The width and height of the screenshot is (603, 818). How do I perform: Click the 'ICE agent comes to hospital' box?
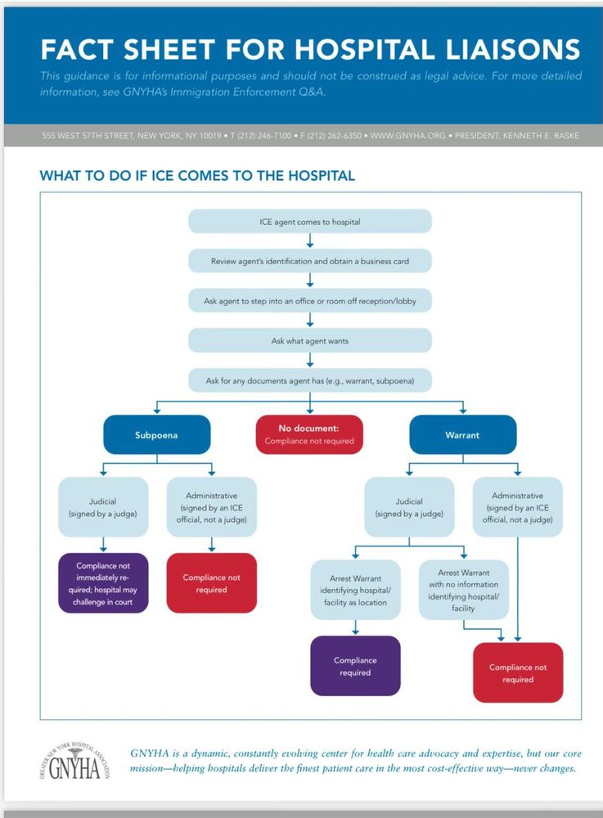309,222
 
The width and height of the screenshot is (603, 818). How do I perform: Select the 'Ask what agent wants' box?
309,340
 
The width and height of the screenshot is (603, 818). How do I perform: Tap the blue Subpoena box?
156,435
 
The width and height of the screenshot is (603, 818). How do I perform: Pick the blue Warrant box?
462,435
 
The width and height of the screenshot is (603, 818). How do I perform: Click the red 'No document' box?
309,434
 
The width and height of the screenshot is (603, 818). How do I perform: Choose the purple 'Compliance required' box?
356,666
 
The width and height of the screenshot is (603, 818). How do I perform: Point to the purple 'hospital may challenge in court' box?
103,583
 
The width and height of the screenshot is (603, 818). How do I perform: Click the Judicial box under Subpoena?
103,507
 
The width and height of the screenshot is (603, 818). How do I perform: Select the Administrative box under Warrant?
517,507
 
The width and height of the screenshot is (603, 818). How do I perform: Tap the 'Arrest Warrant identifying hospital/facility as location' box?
356,590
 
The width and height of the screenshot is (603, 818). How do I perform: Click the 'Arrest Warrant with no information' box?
464,590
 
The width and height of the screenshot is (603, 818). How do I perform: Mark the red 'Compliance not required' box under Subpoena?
211,583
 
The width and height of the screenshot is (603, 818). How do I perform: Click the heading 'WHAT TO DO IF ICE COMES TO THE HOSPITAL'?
197,175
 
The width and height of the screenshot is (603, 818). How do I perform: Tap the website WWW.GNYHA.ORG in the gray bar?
407,135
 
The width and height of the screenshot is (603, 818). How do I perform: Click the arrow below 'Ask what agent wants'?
310,360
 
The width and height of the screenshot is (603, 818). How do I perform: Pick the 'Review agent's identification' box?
309,261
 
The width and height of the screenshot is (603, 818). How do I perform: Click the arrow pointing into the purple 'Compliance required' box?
356,627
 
